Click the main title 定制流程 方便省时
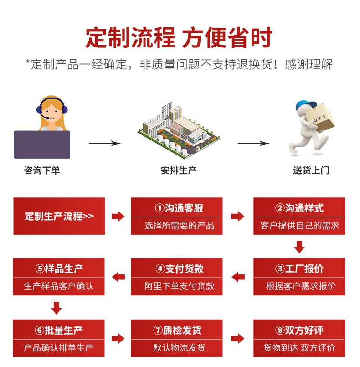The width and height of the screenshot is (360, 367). pyautogui.click(x=179, y=37)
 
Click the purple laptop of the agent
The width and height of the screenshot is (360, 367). pyautogui.click(x=42, y=144)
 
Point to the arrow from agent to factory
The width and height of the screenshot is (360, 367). pyautogui.click(x=105, y=144)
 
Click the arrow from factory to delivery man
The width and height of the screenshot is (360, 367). pyautogui.click(x=253, y=144)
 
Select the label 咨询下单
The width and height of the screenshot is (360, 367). pyautogui.click(x=42, y=171)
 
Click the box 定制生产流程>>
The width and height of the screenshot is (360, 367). pyautogui.click(x=59, y=216)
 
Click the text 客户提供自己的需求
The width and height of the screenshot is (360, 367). pyautogui.click(x=300, y=226)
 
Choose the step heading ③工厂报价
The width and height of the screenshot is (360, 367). pyautogui.click(x=299, y=269)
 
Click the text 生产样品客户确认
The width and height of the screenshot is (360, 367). pyautogui.click(x=59, y=286)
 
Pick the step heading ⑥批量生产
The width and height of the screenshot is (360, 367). pyautogui.click(x=59, y=330)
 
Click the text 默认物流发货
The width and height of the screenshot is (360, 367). pyautogui.click(x=177, y=347)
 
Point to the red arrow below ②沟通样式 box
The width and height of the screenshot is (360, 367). pyautogui.click(x=299, y=247)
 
